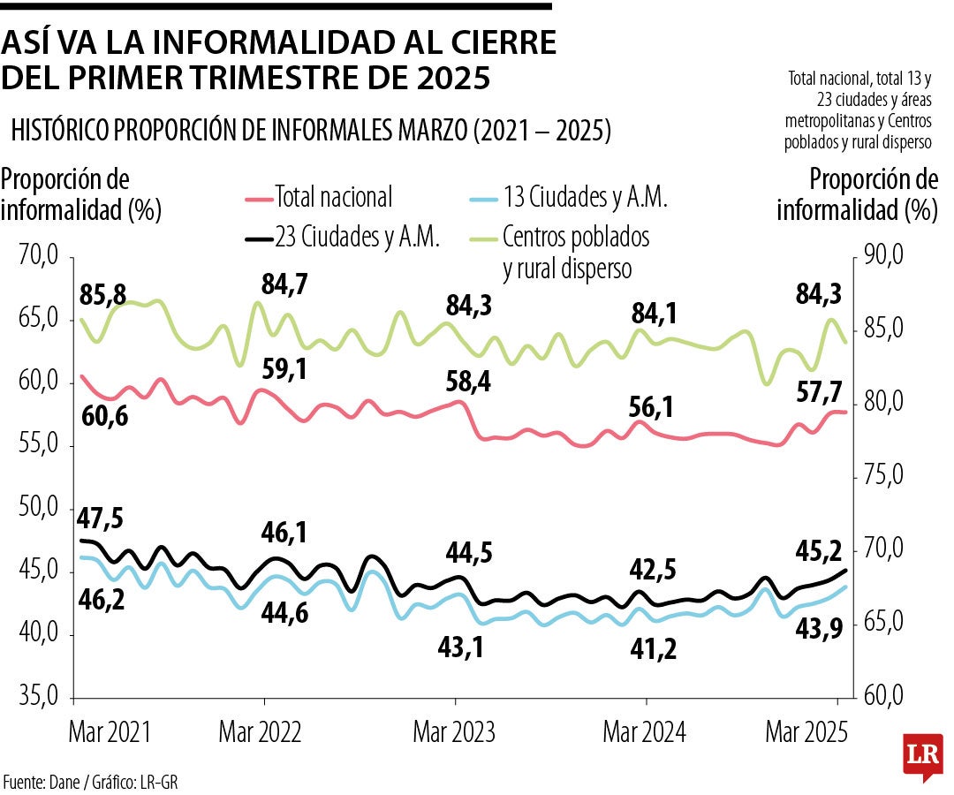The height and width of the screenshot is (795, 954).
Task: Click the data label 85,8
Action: tap(103, 295)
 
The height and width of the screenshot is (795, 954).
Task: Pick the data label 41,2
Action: tap(654, 649)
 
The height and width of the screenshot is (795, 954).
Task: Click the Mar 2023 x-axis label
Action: tap(454, 732)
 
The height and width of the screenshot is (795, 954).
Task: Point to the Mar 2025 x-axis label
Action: tap(806, 732)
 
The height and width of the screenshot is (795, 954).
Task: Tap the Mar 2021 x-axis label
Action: tap(110, 732)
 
